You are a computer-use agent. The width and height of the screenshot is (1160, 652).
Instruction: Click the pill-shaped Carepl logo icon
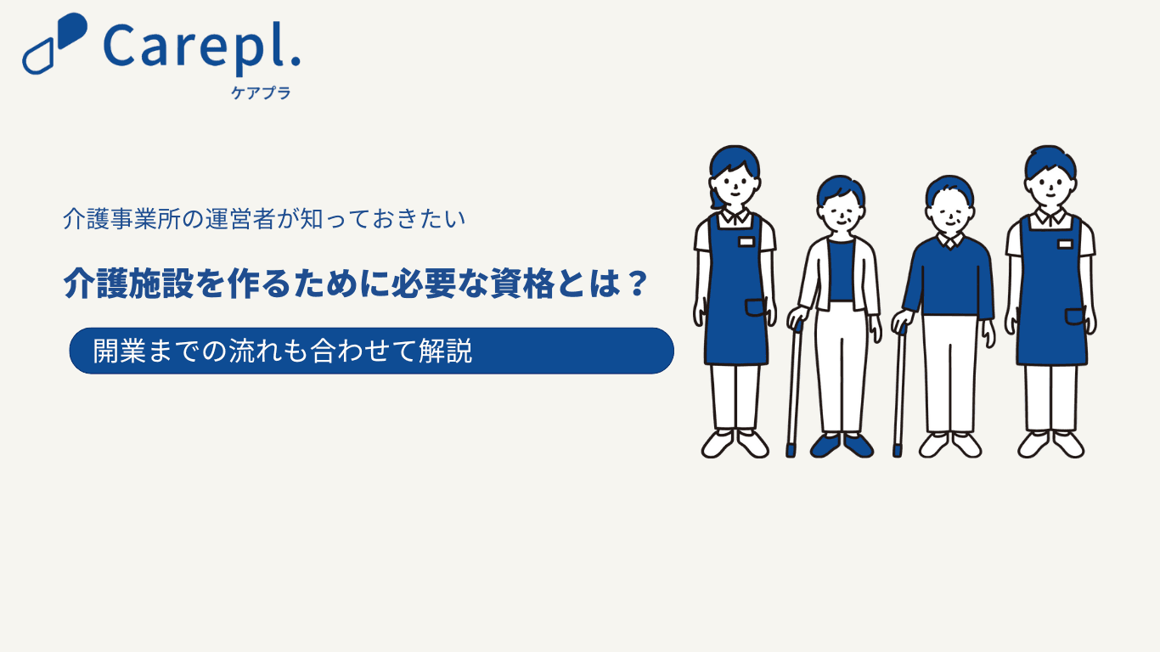(53, 43)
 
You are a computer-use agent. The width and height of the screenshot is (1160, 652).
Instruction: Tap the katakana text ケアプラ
(261, 93)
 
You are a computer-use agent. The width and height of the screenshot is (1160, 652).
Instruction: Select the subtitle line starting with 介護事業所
(264, 219)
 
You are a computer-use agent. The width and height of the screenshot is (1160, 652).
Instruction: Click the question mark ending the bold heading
(635, 283)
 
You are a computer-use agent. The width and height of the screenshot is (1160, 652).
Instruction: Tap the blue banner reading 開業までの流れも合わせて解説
(371, 351)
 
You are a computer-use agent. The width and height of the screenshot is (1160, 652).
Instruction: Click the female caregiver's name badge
(746, 242)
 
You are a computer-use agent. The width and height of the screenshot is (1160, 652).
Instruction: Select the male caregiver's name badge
(1065, 244)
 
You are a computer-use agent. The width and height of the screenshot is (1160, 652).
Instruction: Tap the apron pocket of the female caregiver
(756, 307)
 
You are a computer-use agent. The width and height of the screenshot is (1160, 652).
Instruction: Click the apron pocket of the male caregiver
(1075, 317)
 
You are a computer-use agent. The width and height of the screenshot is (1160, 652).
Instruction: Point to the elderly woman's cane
(794, 389)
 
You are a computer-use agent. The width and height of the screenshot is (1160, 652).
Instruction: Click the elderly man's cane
(900, 391)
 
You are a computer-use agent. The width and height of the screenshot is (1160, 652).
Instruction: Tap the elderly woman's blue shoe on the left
(826, 446)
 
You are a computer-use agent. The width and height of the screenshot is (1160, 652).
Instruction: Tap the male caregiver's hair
(1050, 161)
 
